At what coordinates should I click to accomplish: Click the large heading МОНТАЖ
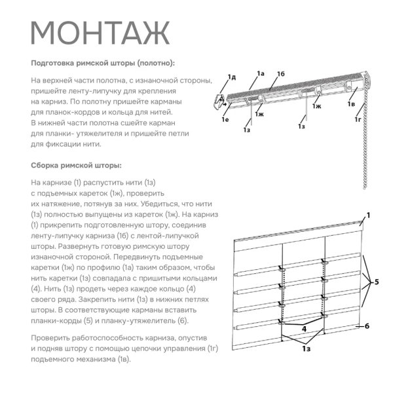coord(100,33)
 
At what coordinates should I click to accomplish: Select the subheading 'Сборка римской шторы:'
coord(76,165)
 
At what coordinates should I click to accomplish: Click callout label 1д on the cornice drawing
coord(231,77)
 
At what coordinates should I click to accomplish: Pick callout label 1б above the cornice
coord(280,73)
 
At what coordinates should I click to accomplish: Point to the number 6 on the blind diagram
coord(367,326)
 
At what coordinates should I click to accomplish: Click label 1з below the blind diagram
coord(307,351)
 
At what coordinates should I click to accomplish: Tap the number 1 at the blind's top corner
coord(369,215)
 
